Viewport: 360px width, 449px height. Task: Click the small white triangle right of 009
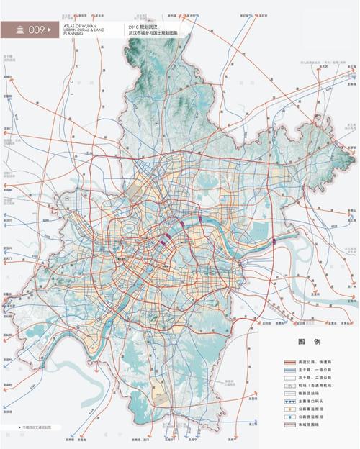(51, 30)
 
